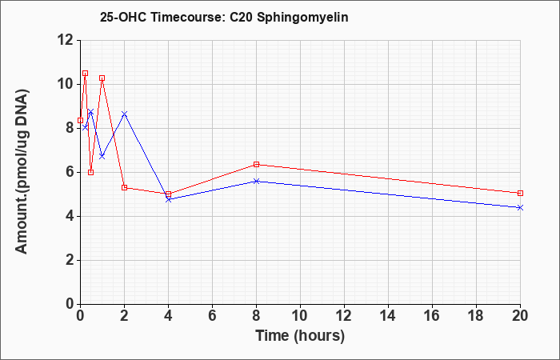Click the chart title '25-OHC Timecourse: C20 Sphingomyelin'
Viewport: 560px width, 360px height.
pyautogui.click(x=224, y=18)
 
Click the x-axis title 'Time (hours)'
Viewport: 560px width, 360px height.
pyautogui.click(x=300, y=336)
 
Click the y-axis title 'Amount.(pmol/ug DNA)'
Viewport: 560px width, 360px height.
pyautogui.click(x=22, y=171)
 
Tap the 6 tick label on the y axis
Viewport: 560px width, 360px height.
pyautogui.click(x=70, y=173)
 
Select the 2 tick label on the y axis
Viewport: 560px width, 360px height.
pyautogui.click(x=70, y=260)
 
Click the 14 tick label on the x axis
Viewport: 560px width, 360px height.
pyautogui.click(x=388, y=316)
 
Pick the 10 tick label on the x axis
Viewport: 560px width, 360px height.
pyautogui.click(x=300, y=316)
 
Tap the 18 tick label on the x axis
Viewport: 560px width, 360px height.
pyautogui.click(x=476, y=316)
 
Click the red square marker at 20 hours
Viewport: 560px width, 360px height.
pyautogui.click(x=520, y=194)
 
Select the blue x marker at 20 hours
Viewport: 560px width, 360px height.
pyautogui.click(x=520, y=207)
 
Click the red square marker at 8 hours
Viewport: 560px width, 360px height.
pyautogui.click(x=257, y=164)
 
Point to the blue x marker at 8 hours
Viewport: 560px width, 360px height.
pyautogui.click(x=257, y=181)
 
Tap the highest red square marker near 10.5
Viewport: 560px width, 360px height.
pyautogui.click(x=85, y=74)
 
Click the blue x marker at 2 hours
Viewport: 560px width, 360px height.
pyautogui.click(x=124, y=114)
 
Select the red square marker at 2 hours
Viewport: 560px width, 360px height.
pyautogui.click(x=124, y=187)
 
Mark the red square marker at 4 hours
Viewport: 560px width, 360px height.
pyautogui.click(x=169, y=194)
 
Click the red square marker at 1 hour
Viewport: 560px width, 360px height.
pyautogui.click(x=102, y=78)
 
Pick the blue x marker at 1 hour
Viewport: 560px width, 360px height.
pyautogui.click(x=102, y=157)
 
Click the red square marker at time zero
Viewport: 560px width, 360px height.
pyautogui.click(x=80, y=120)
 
